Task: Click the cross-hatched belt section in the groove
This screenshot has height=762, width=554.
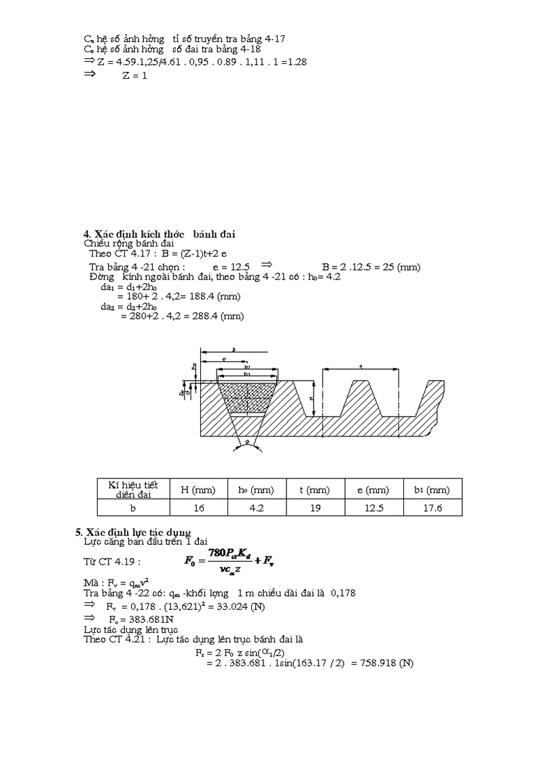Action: (x=246, y=396)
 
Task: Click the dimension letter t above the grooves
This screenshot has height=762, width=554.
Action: (x=360, y=366)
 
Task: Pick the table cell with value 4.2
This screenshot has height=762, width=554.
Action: (x=255, y=508)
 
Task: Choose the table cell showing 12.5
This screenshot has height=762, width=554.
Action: (x=373, y=508)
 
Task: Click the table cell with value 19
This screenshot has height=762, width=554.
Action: (x=314, y=508)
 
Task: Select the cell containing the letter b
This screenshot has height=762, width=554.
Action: (x=133, y=508)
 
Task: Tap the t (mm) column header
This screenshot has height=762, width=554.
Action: (x=314, y=489)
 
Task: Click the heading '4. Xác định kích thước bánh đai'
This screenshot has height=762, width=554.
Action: (x=159, y=234)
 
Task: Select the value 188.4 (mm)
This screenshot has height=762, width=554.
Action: (x=217, y=297)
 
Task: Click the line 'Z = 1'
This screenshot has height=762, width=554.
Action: (x=134, y=75)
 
